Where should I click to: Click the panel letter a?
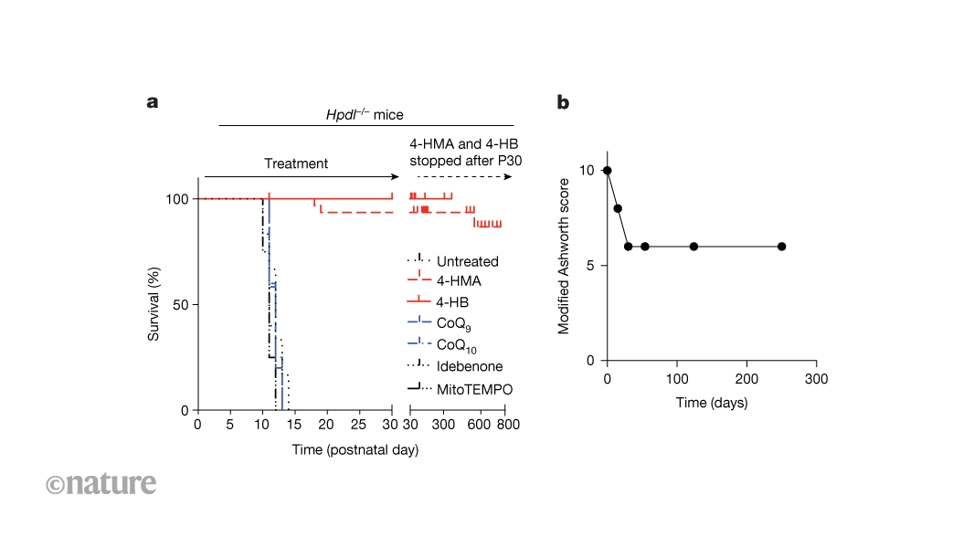tap(153, 102)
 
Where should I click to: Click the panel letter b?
tap(563, 102)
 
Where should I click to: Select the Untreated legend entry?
tap(467, 261)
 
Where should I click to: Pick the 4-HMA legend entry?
tap(459, 280)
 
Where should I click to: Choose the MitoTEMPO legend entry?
tap(474, 389)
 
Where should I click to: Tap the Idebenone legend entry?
tap(469, 367)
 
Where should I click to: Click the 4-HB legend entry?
tap(454, 301)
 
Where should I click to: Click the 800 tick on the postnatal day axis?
tap(508, 426)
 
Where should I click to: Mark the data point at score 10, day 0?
tap(608, 170)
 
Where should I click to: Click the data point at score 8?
tap(618, 208)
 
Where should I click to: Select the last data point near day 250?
tap(781, 247)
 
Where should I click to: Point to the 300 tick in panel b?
tap(816, 378)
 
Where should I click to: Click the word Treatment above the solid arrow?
tap(296, 163)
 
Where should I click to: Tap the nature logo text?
tap(101, 483)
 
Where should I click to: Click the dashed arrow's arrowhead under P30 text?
tap(509, 176)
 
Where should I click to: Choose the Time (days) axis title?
tap(712, 402)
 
